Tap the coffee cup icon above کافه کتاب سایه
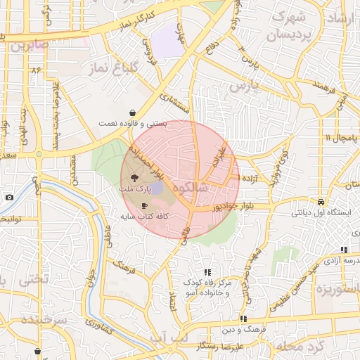click(x=144, y=205)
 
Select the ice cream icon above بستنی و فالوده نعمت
click(x=132, y=112)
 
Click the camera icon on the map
click(x=9, y=197)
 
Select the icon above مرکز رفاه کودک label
click(x=207, y=272)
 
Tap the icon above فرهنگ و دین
click(x=243, y=319)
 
